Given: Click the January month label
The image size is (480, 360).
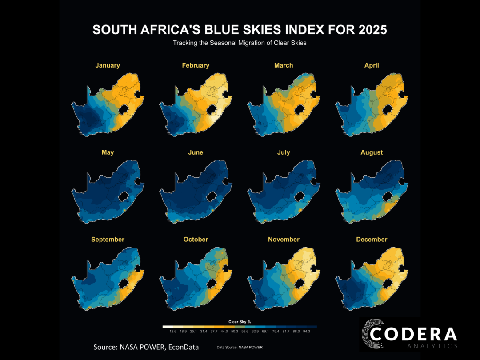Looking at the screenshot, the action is (x=108, y=65).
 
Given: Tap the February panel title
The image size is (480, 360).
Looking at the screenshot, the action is (x=196, y=65).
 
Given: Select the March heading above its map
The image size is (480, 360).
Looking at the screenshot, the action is (x=284, y=65).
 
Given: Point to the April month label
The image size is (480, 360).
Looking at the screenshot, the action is (x=372, y=65).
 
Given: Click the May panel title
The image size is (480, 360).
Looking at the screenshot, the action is (x=108, y=152).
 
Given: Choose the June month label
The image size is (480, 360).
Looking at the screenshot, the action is (x=196, y=152).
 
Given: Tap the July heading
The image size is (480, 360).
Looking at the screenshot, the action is (x=284, y=152).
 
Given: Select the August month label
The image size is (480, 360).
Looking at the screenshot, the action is (x=372, y=152).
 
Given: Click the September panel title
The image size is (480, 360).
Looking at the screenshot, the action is (x=108, y=240).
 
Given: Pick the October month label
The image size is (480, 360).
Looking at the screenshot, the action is (x=196, y=240).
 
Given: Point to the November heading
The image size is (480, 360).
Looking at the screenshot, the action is (x=284, y=240).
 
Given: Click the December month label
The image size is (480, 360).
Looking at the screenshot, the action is (x=372, y=240).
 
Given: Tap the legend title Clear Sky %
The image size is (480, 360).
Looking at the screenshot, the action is (x=240, y=322).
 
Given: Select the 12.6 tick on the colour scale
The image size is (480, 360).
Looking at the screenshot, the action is (x=173, y=332).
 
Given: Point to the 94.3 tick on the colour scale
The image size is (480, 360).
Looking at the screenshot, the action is (x=306, y=332).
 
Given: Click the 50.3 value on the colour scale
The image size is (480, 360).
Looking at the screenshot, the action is (x=235, y=332).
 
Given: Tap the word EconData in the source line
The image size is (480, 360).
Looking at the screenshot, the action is (x=184, y=347).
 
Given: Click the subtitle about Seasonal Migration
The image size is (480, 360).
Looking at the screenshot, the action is (x=240, y=43).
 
